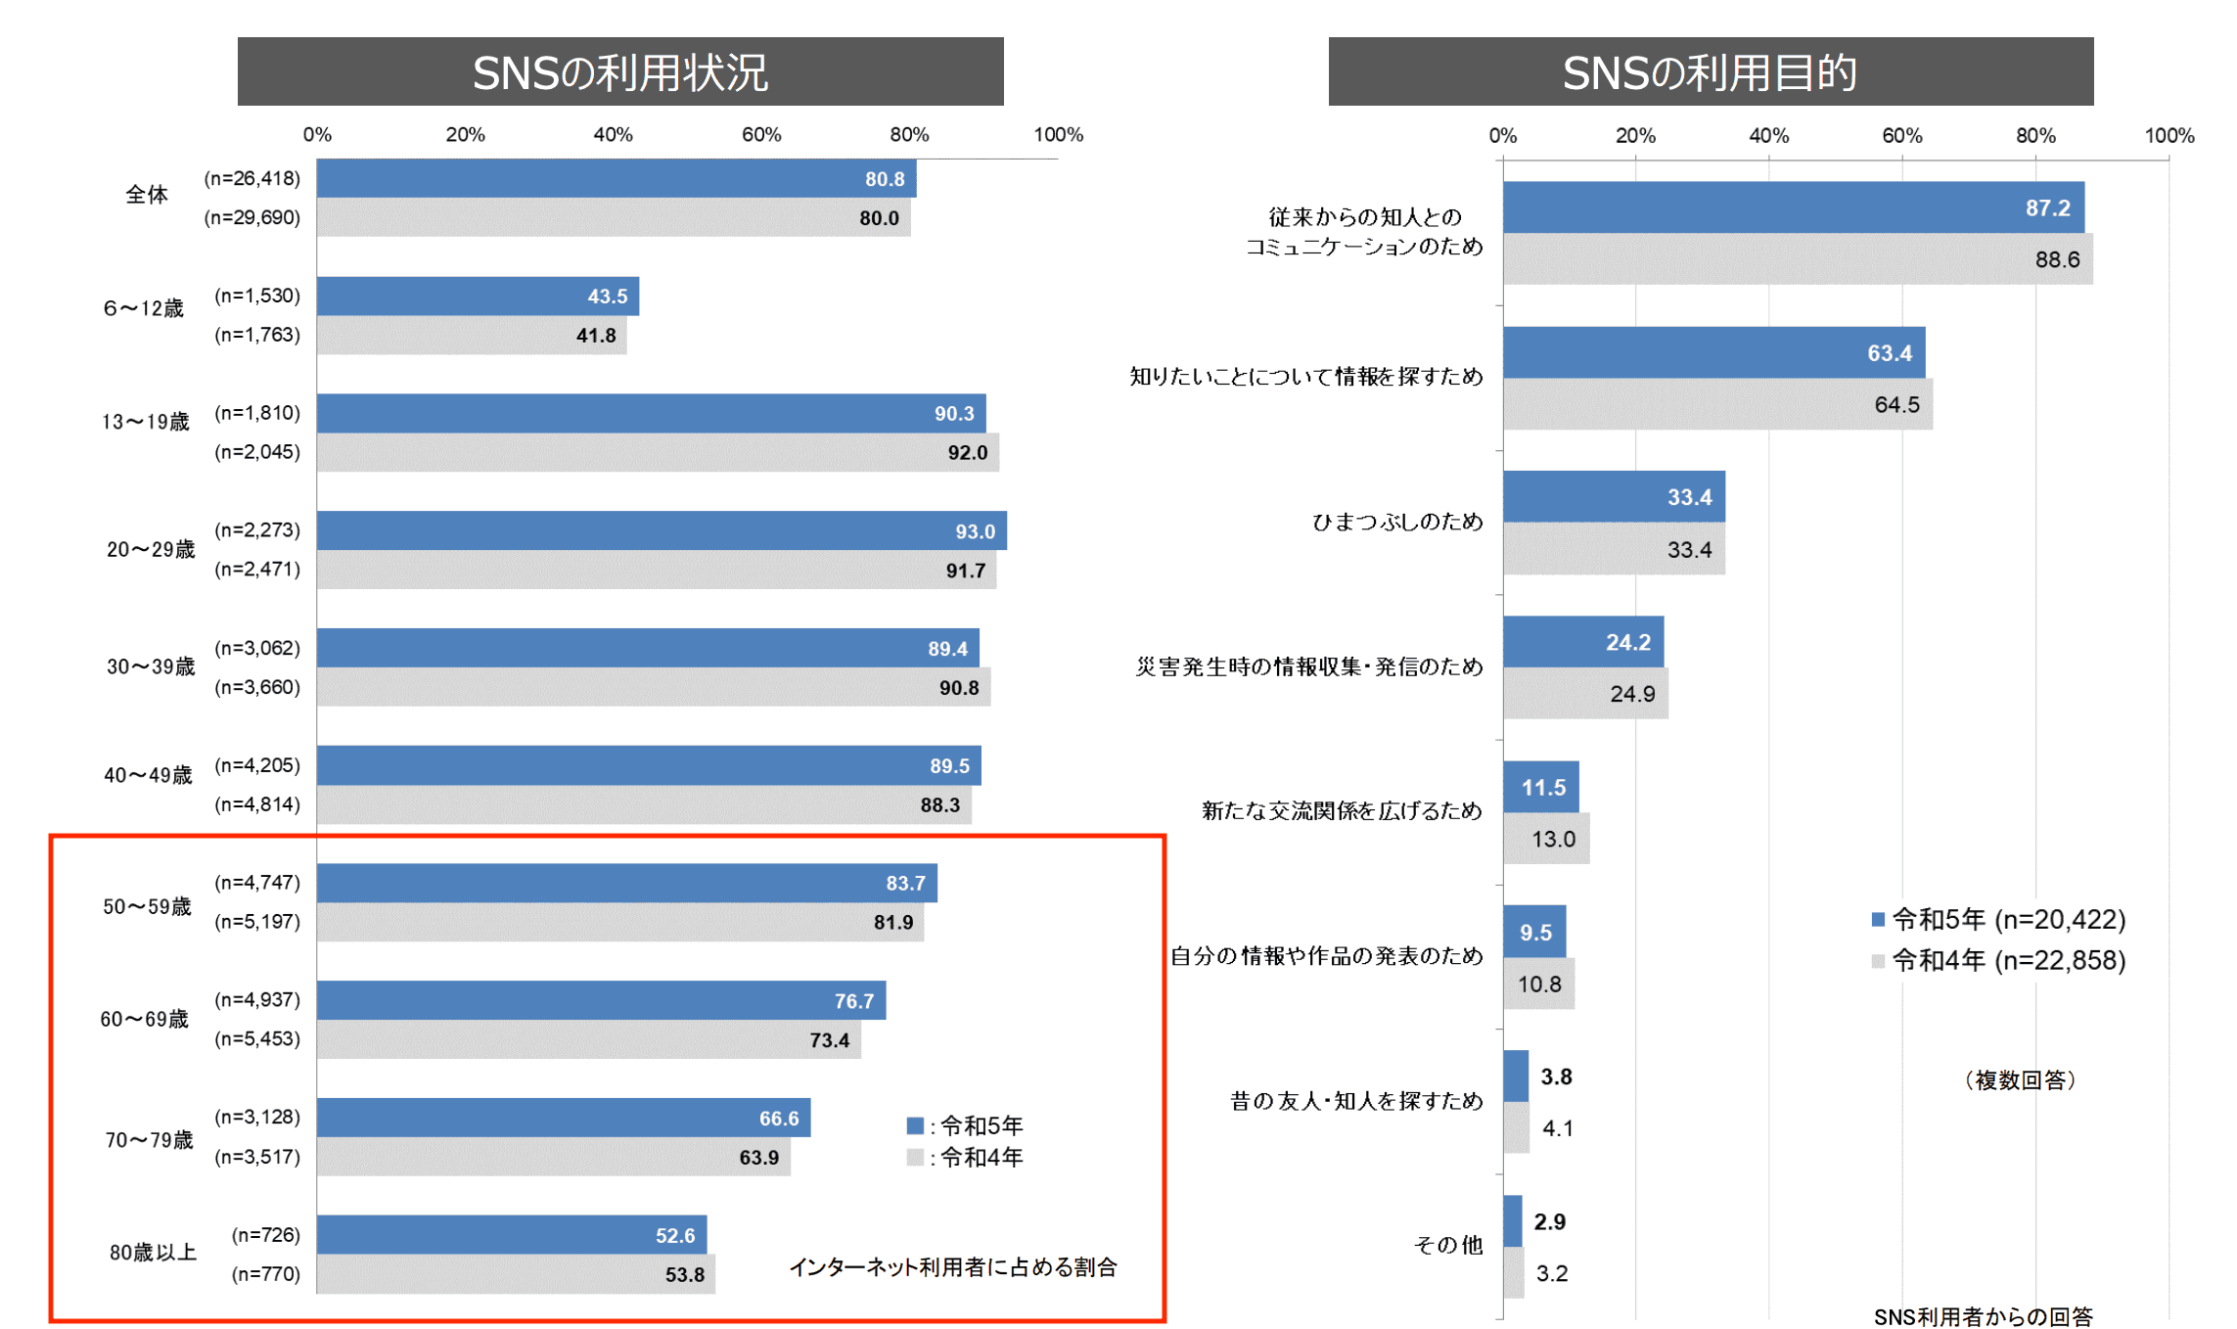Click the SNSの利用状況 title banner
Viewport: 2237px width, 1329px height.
point(619,71)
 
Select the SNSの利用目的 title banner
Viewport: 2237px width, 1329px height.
point(1710,71)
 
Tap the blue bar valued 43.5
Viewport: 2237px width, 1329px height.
point(478,296)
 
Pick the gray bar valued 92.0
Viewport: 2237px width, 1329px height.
point(658,452)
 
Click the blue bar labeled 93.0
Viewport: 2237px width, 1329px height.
point(662,530)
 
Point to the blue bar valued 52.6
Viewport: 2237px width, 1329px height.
point(511,1235)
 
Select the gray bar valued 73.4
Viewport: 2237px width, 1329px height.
point(588,1039)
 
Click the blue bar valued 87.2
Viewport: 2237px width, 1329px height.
point(1793,207)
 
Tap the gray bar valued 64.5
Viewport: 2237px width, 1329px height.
point(1717,404)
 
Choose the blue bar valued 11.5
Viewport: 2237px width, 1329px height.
point(1540,787)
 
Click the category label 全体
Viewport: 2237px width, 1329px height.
point(147,195)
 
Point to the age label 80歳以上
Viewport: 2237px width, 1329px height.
point(153,1253)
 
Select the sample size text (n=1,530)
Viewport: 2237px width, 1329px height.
point(257,296)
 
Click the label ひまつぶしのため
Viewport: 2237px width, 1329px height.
point(1396,522)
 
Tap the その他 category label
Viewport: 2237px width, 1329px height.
point(1447,1245)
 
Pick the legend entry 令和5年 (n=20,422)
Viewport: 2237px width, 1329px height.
point(1998,920)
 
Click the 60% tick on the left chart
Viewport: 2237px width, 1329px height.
point(760,135)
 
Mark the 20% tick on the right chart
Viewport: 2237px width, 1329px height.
point(1635,136)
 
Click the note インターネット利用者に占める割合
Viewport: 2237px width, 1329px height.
point(952,1267)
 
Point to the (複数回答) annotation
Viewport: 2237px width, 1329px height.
point(2020,1079)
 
